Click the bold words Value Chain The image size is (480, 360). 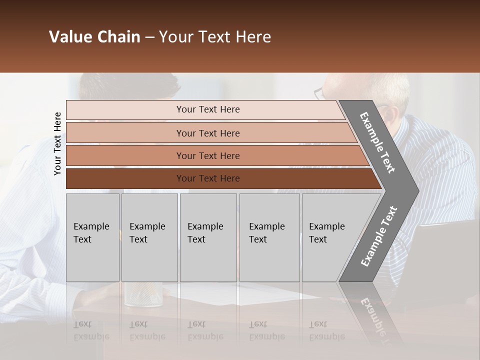click(94, 37)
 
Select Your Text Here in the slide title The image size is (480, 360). click(215, 37)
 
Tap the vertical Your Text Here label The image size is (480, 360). click(57, 143)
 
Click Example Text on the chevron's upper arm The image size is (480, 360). click(377, 142)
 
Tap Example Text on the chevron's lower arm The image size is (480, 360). click(379, 236)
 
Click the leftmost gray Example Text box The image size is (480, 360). click(92, 237)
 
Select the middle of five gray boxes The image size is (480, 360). click(208, 237)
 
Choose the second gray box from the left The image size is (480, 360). click(149, 237)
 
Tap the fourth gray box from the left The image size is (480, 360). click(269, 237)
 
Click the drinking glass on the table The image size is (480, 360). click(143, 295)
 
